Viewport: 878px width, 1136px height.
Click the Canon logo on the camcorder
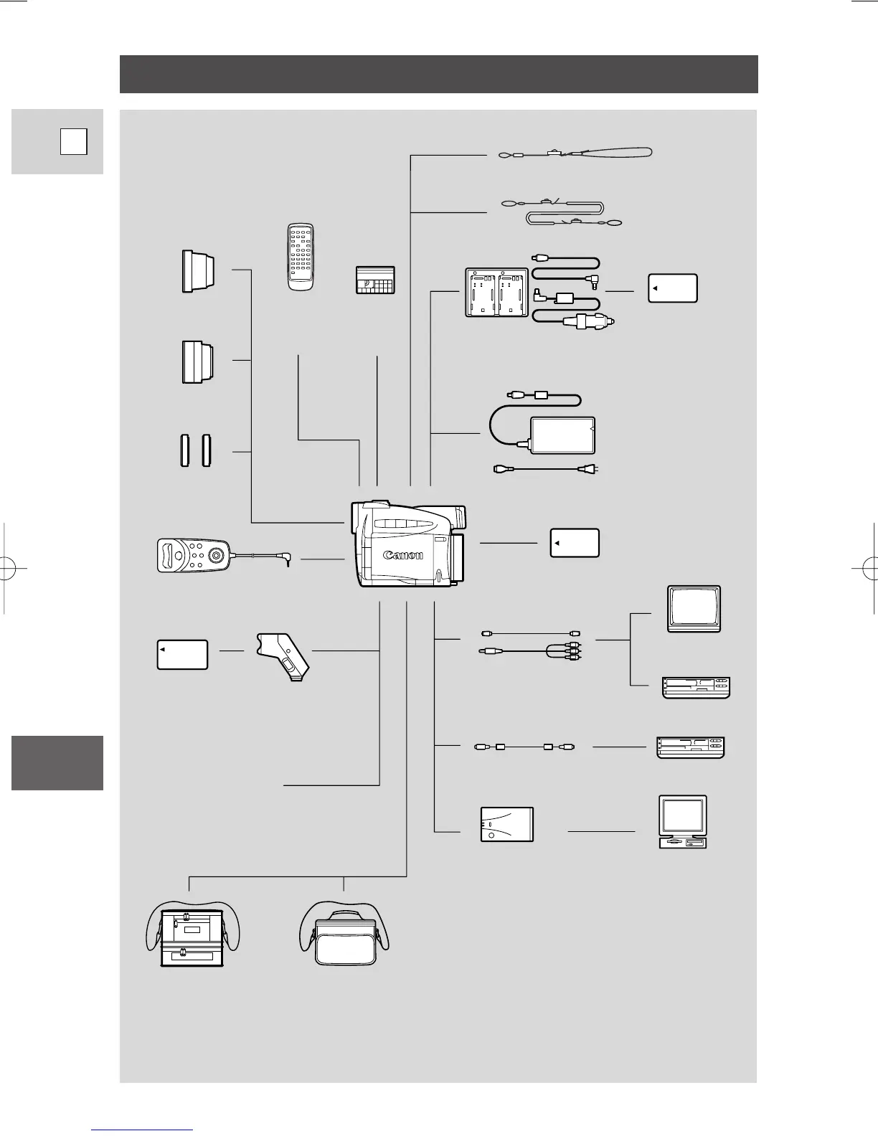click(x=403, y=554)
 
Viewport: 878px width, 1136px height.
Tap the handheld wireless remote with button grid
click(x=301, y=257)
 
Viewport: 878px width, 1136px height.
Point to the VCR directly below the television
click(x=694, y=688)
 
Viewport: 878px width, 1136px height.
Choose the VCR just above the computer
click(x=691, y=747)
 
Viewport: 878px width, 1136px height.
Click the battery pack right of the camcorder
click(x=575, y=543)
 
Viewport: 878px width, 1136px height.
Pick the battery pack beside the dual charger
click(x=672, y=288)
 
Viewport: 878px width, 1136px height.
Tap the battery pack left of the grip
click(x=182, y=654)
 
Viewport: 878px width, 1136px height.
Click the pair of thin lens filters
click(x=195, y=450)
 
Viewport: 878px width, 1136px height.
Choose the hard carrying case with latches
click(x=192, y=936)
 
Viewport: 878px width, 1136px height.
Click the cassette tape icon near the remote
click(x=375, y=280)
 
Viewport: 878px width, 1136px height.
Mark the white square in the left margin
click(x=73, y=141)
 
